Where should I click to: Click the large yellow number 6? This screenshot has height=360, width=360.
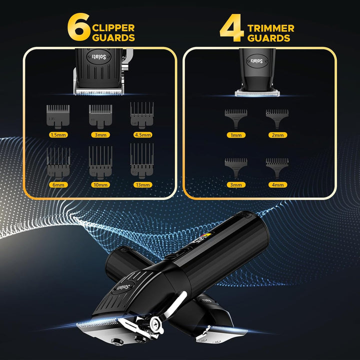pyautogui.click(x=78, y=29)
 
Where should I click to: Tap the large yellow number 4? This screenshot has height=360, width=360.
pyautogui.click(x=231, y=29)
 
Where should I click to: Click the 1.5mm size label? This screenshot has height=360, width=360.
pyautogui.click(x=58, y=134)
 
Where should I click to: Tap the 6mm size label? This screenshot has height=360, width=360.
pyautogui.click(x=58, y=184)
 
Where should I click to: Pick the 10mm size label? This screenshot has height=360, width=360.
pyautogui.click(x=100, y=184)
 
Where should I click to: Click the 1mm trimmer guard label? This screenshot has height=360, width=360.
pyautogui.click(x=234, y=134)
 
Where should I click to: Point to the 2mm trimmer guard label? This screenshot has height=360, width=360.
pyautogui.click(x=277, y=134)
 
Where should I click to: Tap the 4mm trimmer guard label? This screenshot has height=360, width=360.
pyautogui.click(x=277, y=184)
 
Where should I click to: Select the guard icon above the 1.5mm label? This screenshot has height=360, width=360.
pyautogui.click(x=58, y=115)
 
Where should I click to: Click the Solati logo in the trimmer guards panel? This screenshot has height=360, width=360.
pyautogui.click(x=256, y=60)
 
